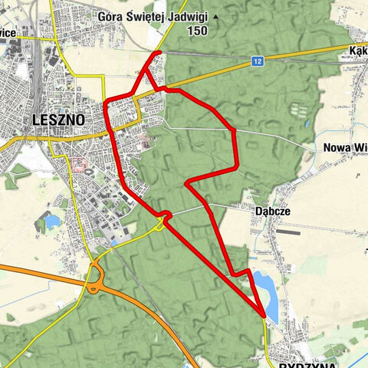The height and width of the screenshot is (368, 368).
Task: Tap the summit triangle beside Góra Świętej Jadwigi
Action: [x=215, y=15]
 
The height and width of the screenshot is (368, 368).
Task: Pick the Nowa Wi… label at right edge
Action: [x=346, y=148]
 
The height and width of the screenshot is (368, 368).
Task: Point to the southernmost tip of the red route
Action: [x=264, y=315]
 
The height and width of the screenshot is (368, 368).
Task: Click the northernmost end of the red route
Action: [x=159, y=52]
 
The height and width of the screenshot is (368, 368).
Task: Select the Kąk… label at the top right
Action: [x=356, y=48]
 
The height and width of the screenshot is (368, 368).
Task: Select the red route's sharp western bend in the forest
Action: [x=188, y=183]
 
